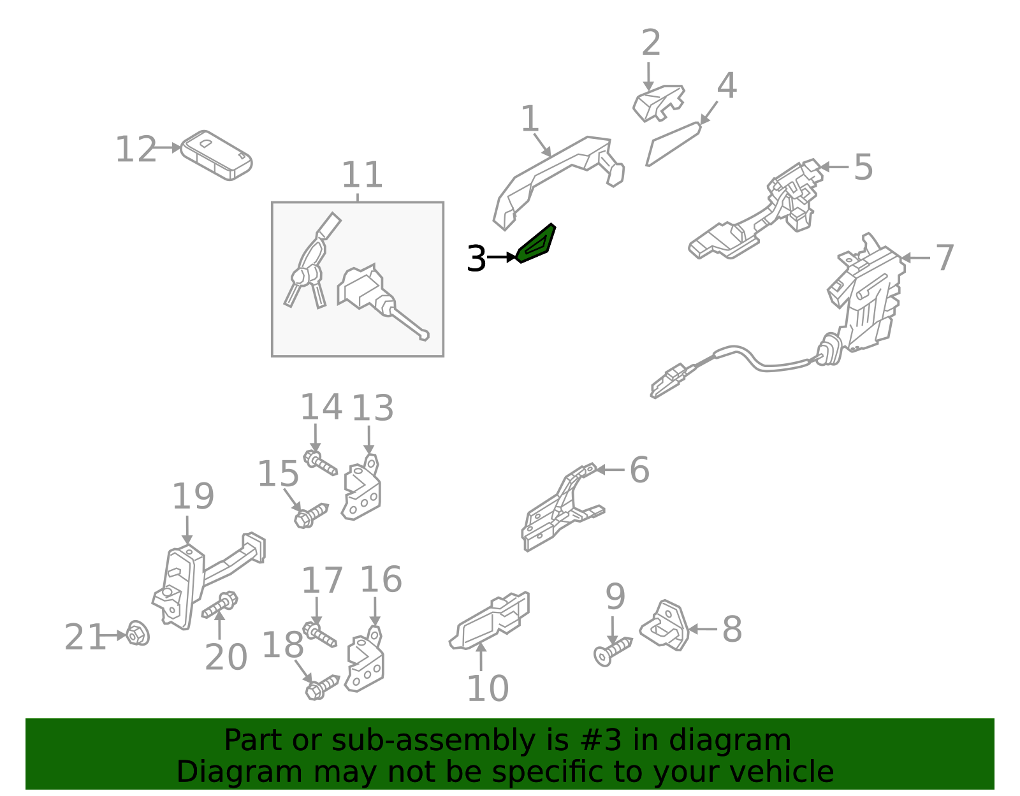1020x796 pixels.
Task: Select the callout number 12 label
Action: pos(136,149)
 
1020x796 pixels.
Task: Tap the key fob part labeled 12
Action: pos(216,156)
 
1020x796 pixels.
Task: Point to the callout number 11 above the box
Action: pos(362,175)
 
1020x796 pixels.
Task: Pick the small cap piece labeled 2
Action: pos(659,103)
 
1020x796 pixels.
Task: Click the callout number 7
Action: pos(944,257)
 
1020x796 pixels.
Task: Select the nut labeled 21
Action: pos(138,633)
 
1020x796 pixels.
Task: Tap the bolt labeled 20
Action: pos(220,605)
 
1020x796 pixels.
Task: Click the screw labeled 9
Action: pos(613,652)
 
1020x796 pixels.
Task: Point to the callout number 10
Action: pos(488,688)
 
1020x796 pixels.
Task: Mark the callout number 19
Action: pos(193,496)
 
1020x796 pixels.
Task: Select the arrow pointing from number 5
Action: pos(834,166)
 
